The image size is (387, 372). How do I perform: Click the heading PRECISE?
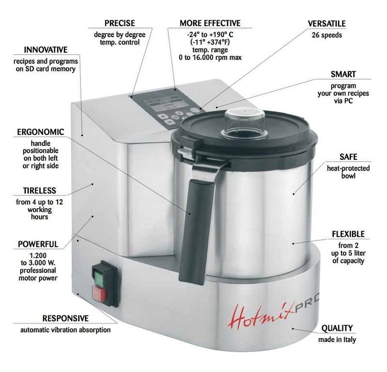(x=119, y=23)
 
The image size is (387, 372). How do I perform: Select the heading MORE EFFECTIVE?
(x=210, y=23)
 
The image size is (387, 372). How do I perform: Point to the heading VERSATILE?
(x=327, y=24)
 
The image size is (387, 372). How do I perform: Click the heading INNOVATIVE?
(x=45, y=50)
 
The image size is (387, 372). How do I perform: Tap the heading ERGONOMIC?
(x=41, y=132)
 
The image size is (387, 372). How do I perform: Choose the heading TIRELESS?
(x=40, y=190)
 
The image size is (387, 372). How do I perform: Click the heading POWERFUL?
(x=38, y=244)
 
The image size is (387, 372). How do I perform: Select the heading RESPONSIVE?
(x=65, y=318)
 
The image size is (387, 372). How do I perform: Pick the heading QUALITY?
(x=337, y=329)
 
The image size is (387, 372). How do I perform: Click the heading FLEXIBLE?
(x=348, y=234)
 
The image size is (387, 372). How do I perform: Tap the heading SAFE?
(x=348, y=157)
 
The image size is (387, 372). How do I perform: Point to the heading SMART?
(x=343, y=74)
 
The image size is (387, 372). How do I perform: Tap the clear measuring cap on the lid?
(x=244, y=122)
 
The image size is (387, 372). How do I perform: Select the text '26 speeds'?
(x=327, y=35)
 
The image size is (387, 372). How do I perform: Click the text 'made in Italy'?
(x=337, y=340)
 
